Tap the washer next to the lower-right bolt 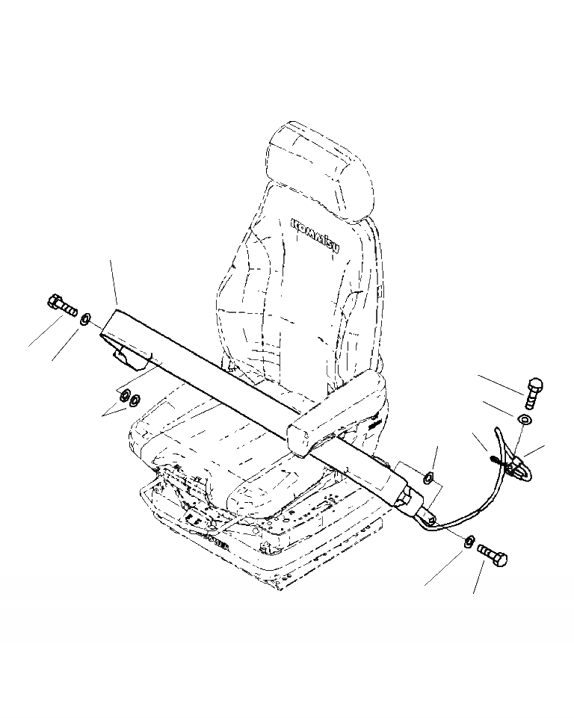pos(469,541)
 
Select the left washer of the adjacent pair pos(124,395)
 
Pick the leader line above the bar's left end pos(114,281)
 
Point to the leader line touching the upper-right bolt pos(501,383)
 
